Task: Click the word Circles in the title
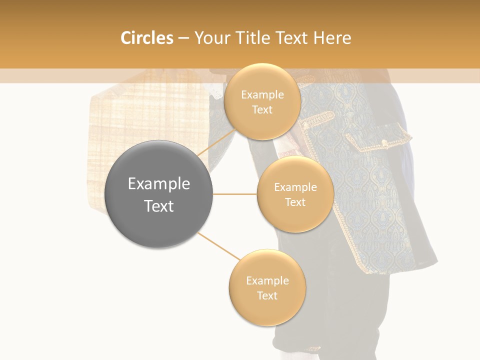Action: (146, 38)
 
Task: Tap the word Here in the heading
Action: (332, 38)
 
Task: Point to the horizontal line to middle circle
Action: (235, 194)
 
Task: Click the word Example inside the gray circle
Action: (159, 184)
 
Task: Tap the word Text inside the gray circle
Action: (159, 206)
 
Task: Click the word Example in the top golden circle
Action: (262, 95)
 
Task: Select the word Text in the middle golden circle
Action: (295, 202)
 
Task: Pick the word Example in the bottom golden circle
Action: (267, 281)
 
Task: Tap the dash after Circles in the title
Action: (183, 38)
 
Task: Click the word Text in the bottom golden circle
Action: (267, 296)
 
